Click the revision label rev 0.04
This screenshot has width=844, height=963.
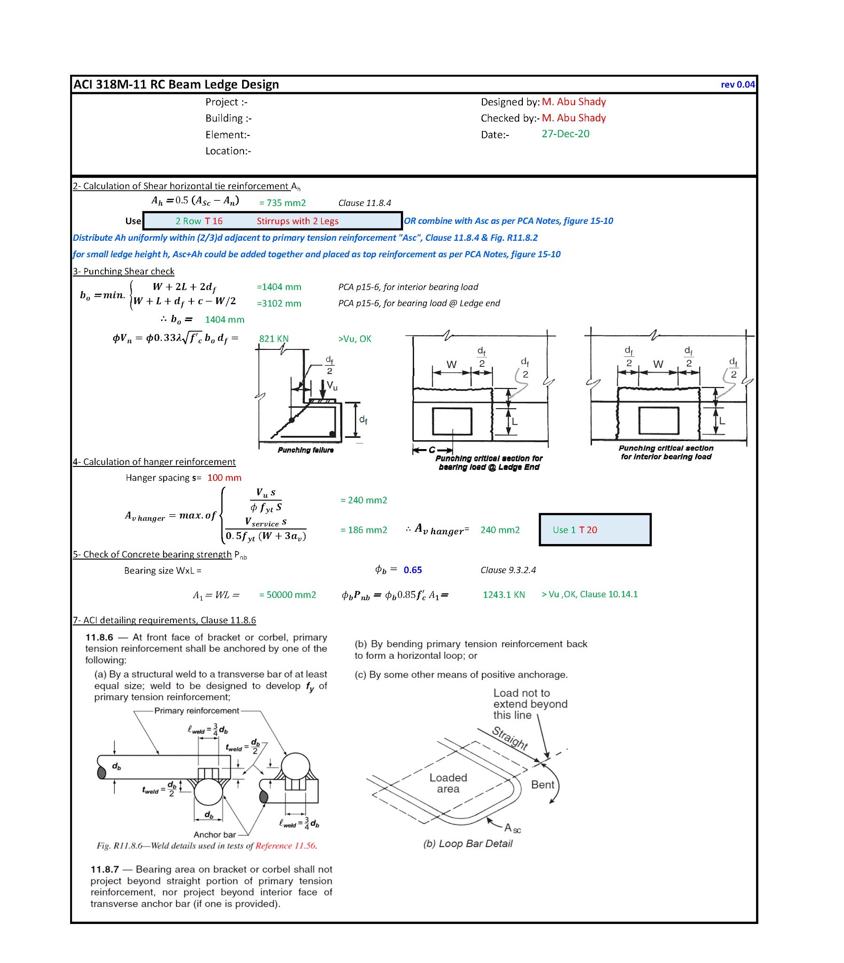(x=737, y=85)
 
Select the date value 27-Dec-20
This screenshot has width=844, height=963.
(x=565, y=134)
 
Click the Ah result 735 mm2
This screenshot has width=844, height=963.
(x=283, y=203)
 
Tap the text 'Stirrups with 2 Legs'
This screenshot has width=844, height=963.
(x=297, y=221)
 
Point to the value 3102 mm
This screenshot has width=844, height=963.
(x=279, y=304)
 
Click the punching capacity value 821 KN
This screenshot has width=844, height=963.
(x=274, y=339)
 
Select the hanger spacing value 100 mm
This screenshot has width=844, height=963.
(x=224, y=477)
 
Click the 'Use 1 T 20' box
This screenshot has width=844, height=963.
(x=594, y=530)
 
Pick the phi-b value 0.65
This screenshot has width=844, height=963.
(x=412, y=570)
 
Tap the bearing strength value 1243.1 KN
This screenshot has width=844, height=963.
(x=504, y=595)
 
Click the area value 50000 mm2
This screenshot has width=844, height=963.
(x=288, y=595)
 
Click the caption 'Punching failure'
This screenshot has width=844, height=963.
(x=305, y=450)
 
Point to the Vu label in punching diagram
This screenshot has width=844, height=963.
(x=332, y=386)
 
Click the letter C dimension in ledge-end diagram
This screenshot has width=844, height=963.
(x=432, y=450)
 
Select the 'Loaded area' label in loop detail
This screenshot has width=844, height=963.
(x=448, y=783)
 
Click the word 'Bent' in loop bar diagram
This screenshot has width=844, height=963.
(x=543, y=784)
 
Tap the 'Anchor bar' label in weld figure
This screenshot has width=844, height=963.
(x=214, y=835)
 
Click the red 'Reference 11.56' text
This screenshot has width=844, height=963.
(x=285, y=846)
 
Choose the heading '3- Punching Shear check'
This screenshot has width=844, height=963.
(x=123, y=271)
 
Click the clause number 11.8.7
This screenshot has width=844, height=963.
(x=104, y=869)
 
